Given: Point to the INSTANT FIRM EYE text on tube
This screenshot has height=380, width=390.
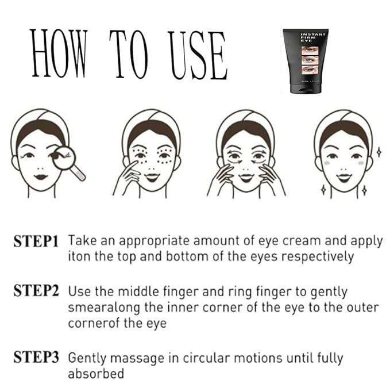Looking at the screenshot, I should [x=313, y=39].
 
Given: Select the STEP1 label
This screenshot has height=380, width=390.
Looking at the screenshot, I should [x=36, y=241].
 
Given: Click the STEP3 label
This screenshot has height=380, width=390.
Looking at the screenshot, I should [x=36, y=358].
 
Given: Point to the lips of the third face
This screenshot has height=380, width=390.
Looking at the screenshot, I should [x=246, y=178].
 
